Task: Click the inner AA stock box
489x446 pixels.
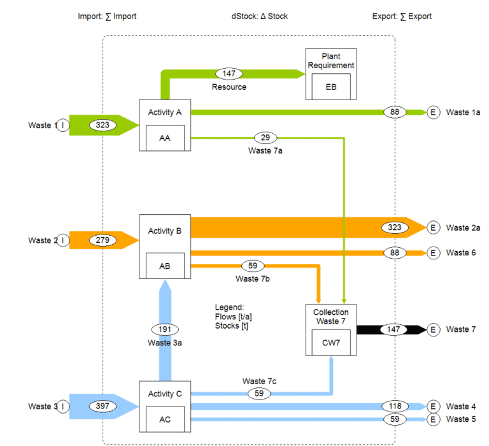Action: [165, 136]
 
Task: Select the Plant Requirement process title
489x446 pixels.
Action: [330, 61]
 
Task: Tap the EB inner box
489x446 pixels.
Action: [330, 87]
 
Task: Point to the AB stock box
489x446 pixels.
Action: [165, 266]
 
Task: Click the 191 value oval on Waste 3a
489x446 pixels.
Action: [165, 329]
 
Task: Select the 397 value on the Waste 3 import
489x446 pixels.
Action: [103, 406]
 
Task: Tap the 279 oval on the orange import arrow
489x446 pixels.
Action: [103, 240]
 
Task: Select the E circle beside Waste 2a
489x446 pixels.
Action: [434, 227]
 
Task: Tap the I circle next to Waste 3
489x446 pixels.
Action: [63, 406]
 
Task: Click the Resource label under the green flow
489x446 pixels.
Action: [229, 87]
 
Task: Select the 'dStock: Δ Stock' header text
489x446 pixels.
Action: [259, 16]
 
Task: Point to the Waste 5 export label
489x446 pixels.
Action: [460, 419]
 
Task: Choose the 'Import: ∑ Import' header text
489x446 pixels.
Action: [107, 16]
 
